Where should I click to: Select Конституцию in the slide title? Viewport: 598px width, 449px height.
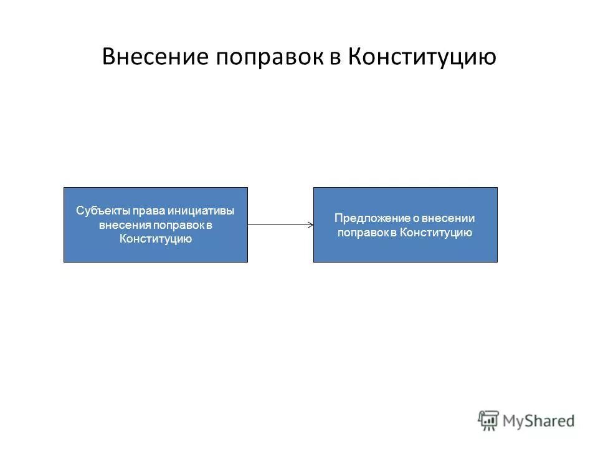(422, 57)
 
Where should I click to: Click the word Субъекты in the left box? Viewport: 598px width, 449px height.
(98, 211)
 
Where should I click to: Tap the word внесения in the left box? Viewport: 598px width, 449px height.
(120, 224)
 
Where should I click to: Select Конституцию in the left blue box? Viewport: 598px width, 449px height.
(155, 238)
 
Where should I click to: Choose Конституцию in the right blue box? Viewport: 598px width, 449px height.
(435, 233)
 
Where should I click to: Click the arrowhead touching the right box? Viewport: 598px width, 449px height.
(310, 224)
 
